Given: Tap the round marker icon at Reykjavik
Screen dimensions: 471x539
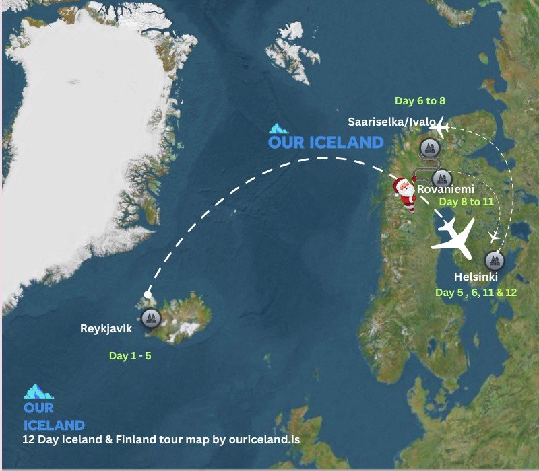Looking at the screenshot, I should coord(150,317).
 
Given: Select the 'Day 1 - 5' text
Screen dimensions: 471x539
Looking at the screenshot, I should coord(130,356).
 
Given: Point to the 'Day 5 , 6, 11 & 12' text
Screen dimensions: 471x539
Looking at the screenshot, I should coord(476,293).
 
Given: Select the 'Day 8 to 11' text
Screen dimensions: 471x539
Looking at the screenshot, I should coord(466,201).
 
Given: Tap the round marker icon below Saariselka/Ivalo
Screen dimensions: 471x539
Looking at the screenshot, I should coord(429,147).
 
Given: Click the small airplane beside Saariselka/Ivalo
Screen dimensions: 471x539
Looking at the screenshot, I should coord(439,126).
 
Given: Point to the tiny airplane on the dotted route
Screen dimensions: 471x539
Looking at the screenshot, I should coord(495,236).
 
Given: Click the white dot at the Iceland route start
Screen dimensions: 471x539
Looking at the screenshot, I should coord(148,294).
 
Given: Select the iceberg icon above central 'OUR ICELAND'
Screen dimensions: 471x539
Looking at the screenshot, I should coord(278,127).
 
